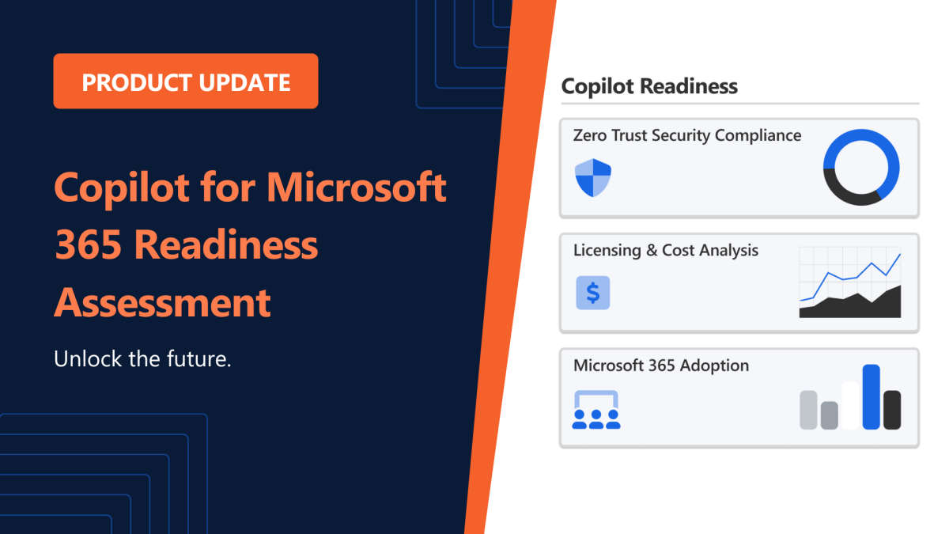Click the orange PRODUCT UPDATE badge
(x=186, y=81)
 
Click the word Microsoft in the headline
(x=357, y=187)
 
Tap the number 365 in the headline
(x=88, y=245)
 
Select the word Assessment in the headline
(x=163, y=302)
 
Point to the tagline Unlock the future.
(x=142, y=358)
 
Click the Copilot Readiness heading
(x=649, y=86)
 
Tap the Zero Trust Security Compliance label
(x=687, y=135)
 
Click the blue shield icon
(x=592, y=178)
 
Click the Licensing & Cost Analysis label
(x=666, y=251)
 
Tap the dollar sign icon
(x=592, y=293)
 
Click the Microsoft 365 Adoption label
(x=661, y=365)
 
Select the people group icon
(x=596, y=410)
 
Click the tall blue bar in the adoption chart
(x=871, y=397)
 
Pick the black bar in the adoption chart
(x=892, y=410)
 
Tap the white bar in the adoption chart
(x=850, y=406)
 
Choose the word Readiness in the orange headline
(x=227, y=245)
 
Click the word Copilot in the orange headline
(x=122, y=188)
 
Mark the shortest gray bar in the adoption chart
(x=829, y=415)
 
